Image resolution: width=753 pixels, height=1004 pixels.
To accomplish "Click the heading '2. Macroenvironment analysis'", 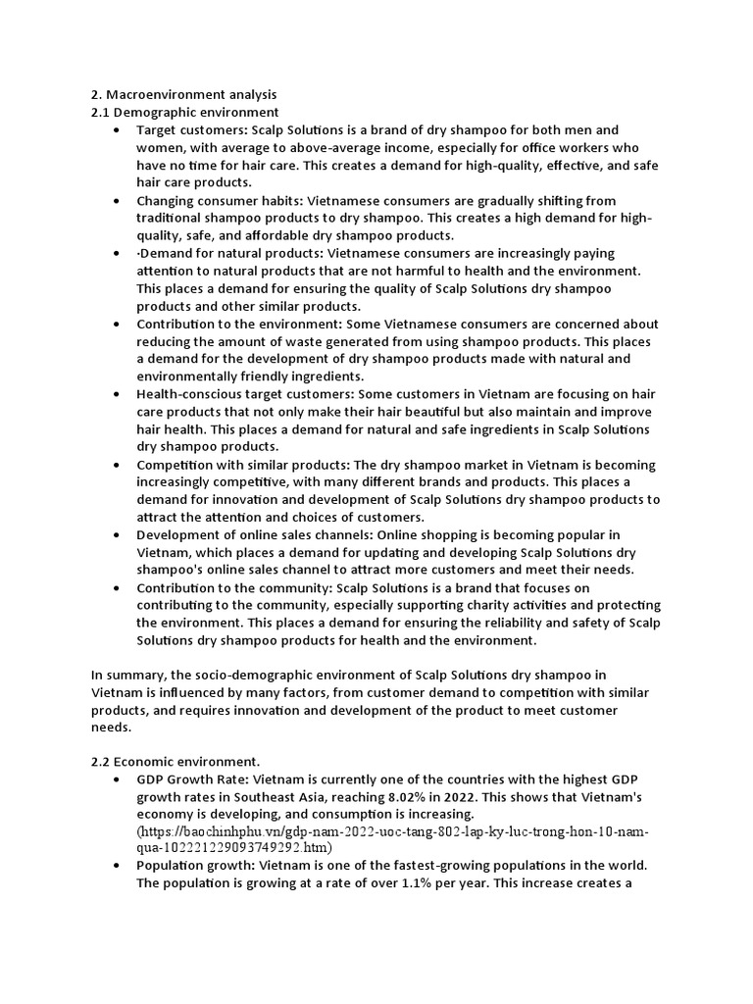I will pos(184,95).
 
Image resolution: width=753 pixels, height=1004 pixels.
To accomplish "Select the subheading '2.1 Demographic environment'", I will pos(185,113).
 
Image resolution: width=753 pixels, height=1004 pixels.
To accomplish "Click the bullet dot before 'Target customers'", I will pos(118,130).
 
